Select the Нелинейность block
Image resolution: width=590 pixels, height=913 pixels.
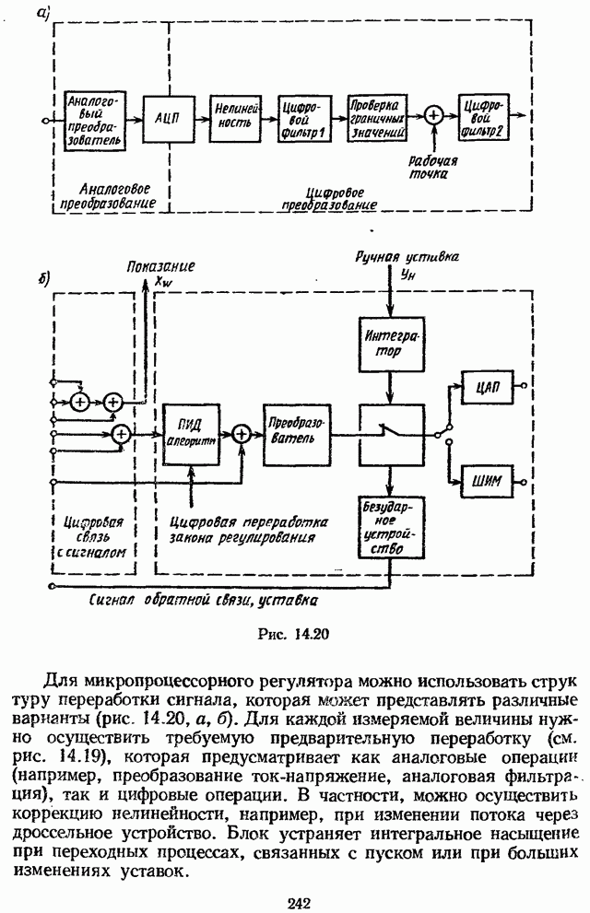[x=237, y=121]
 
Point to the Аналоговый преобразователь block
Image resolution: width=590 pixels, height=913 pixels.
[x=90, y=120]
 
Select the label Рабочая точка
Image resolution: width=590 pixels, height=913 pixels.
[x=431, y=166]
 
